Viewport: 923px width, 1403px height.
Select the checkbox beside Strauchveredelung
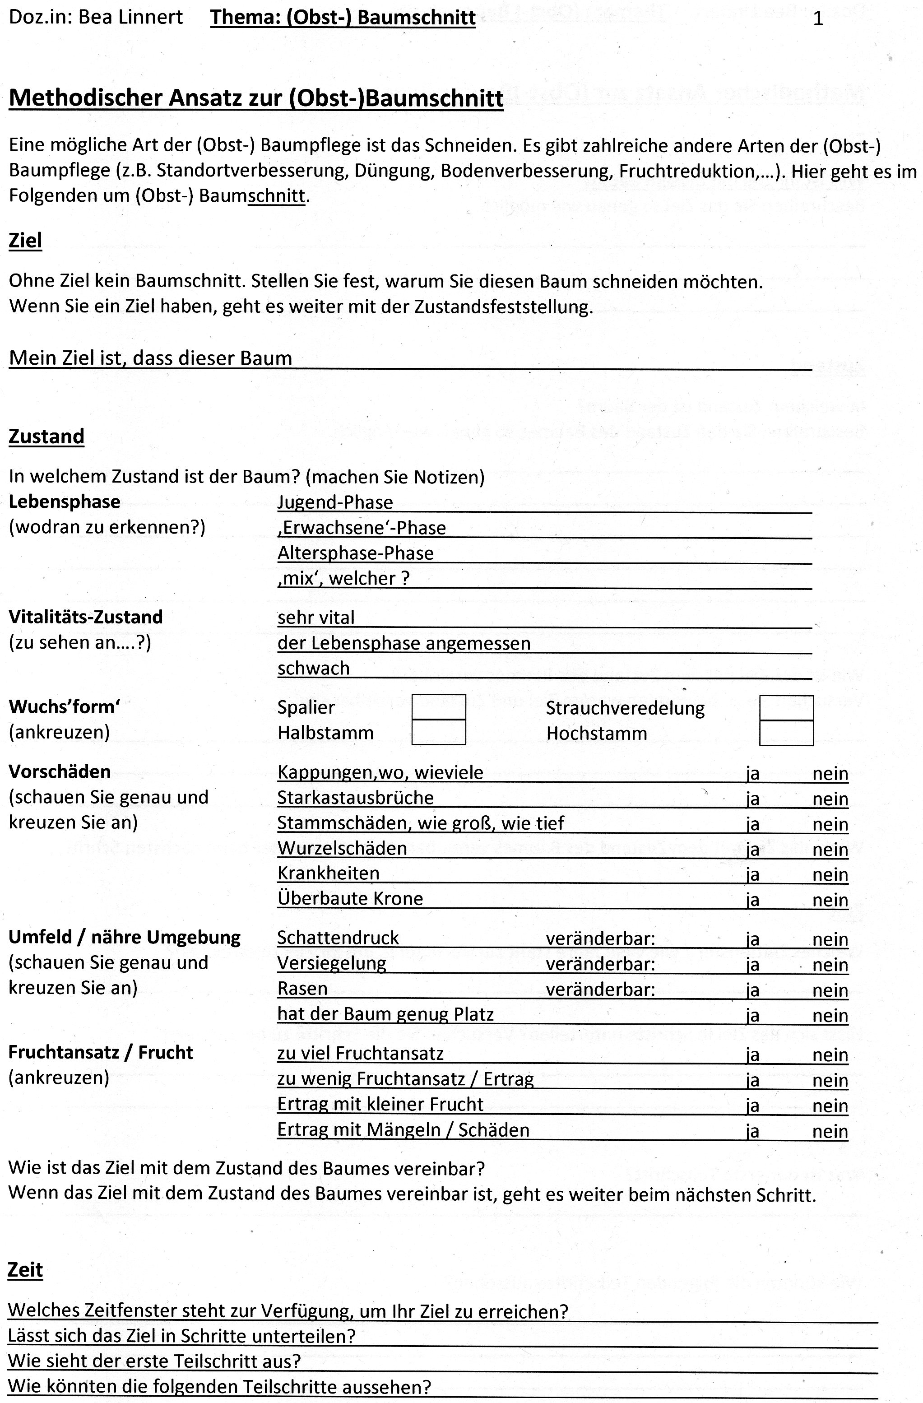[x=786, y=708]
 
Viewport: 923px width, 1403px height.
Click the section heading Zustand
[x=46, y=436]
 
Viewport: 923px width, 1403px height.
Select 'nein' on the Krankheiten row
[x=830, y=874]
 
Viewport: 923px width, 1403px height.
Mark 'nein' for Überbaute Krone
[x=830, y=900]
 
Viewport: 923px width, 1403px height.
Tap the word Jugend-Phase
[x=335, y=502]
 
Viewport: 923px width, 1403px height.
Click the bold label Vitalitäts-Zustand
[x=85, y=617]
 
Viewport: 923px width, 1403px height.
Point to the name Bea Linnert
[x=130, y=18]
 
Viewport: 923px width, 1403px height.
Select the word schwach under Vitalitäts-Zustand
[x=314, y=669]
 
